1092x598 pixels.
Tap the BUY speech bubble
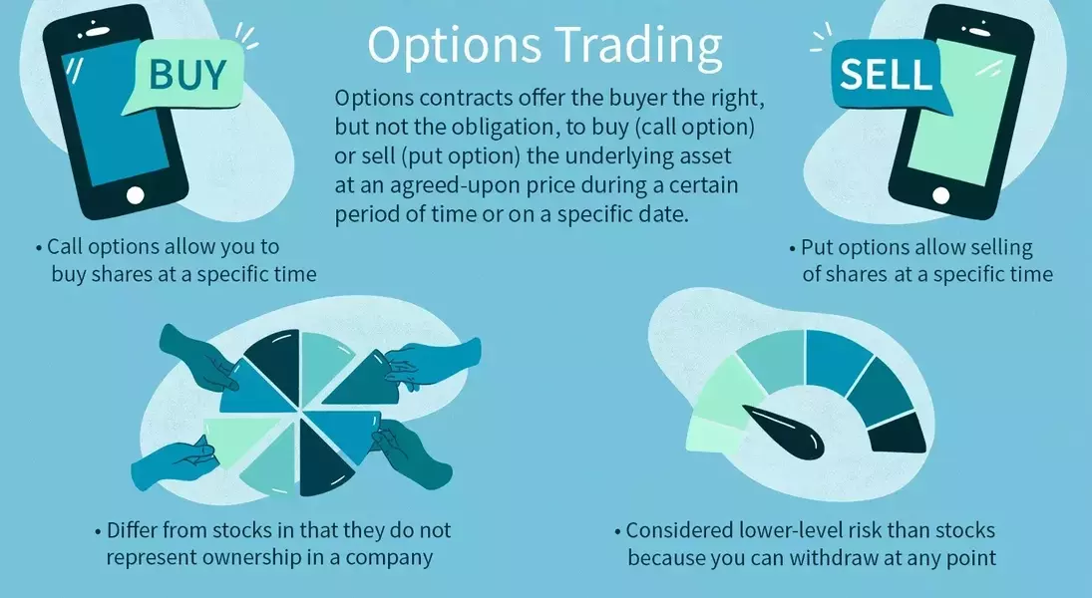pyautogui.click(x=186, y=74)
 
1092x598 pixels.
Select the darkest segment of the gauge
pyautogui.click(x=899, y=431)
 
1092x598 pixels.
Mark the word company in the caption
pyautogui.click(x=395, y=557)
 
